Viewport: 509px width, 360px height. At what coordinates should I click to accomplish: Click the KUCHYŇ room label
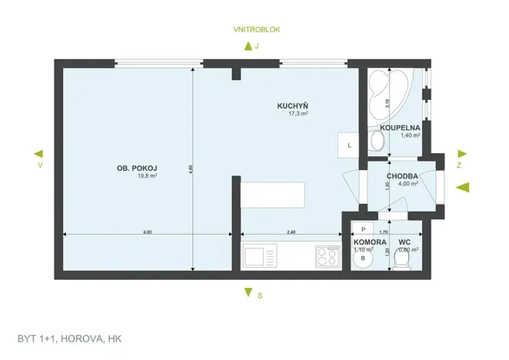(293, 105)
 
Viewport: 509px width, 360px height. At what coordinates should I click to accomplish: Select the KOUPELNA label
(400, 127)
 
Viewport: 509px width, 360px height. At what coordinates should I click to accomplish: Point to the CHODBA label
(402, 176)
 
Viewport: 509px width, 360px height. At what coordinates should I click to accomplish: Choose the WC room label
(404, 242)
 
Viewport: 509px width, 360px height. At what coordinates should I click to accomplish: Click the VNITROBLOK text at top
(257, 29)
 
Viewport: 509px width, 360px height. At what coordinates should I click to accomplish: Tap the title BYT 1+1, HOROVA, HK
(70, 338)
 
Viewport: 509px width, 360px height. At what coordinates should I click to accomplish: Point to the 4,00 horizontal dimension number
(147, 232)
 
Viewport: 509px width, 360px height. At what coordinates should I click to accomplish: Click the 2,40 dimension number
(291, 232)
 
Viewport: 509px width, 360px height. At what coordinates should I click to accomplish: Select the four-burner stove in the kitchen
(327, 255)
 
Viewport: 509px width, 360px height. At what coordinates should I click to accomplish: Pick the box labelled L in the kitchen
(349, 144)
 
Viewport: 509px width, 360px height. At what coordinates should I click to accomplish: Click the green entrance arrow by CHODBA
(462, 187)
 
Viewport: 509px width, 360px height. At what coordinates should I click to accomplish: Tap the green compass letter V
(39, 165)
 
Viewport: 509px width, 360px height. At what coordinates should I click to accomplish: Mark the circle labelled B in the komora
(362, 259)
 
